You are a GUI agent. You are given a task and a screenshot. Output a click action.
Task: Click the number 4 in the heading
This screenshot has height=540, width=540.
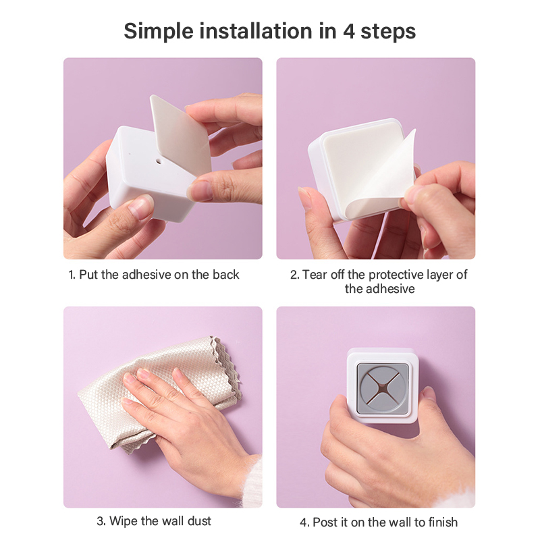point(348,31)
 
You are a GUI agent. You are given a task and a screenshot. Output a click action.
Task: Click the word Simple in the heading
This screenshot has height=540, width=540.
point(159,32)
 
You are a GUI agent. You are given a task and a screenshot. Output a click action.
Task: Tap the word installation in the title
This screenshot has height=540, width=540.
point(256,31)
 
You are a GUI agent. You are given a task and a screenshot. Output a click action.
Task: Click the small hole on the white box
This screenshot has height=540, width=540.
point(159,161)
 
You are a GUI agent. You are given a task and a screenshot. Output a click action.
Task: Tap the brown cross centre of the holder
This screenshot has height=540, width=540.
point(383,389)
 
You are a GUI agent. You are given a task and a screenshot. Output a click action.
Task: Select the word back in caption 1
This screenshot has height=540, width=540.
point(226,275)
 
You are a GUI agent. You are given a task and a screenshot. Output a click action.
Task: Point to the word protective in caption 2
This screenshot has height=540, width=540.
point(396,275)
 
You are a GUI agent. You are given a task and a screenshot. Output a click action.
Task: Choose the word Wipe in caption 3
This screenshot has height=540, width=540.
point(124,521)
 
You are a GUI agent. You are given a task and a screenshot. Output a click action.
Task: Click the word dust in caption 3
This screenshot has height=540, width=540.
point(199,521)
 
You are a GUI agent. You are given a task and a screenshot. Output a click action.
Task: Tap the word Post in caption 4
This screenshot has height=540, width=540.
point(325,522)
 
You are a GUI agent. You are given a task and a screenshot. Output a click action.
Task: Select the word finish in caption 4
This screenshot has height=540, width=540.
point(443,522)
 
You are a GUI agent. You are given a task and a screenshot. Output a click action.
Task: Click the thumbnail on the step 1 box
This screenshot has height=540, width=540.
point(141,207)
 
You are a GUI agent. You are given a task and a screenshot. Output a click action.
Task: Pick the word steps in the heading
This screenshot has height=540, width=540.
point(388,32)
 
